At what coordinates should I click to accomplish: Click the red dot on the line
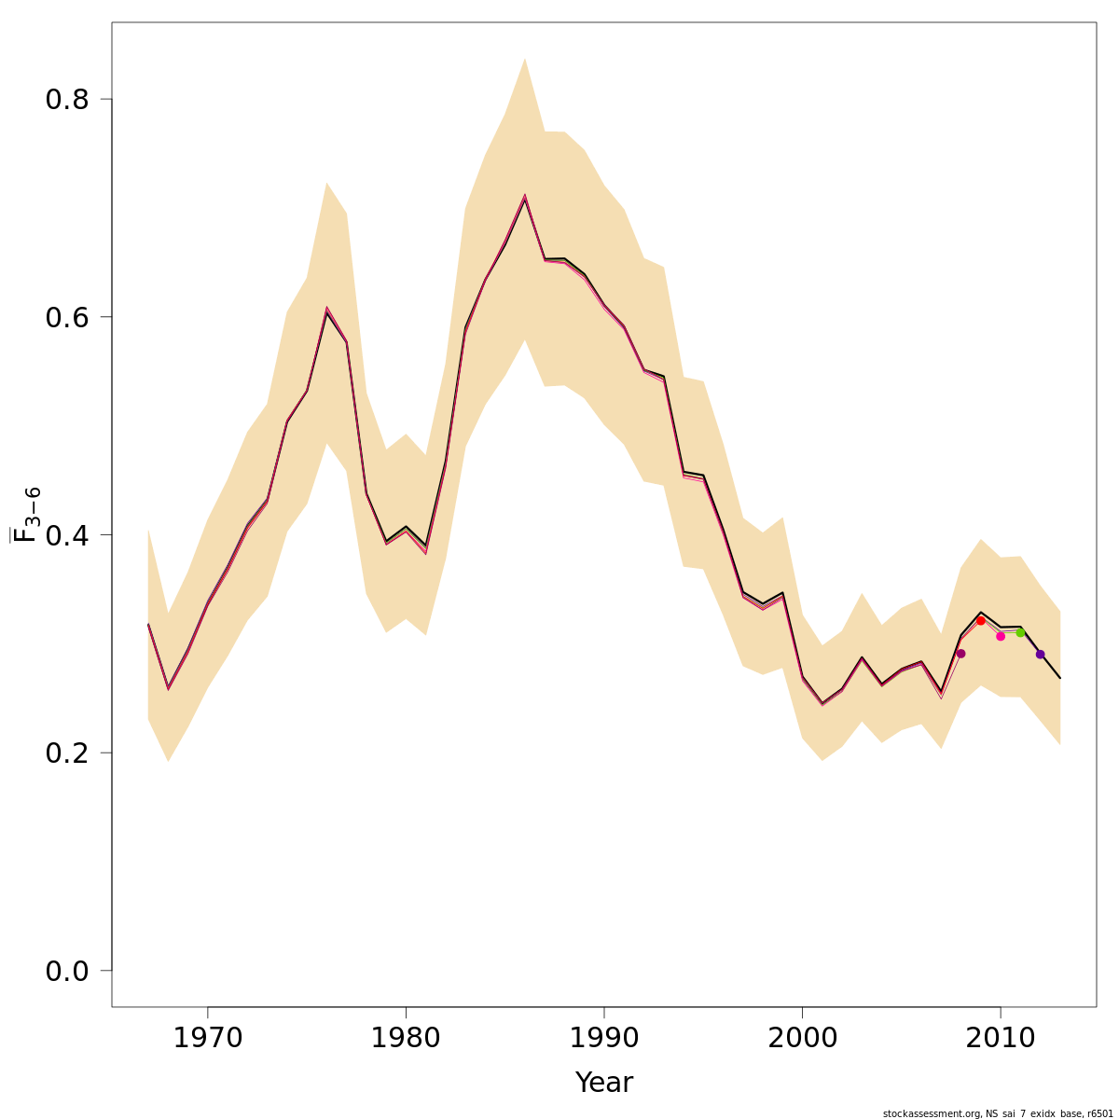pos(980,620)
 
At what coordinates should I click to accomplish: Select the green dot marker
pos(1020,632)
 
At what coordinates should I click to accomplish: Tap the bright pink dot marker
pos(1001,636)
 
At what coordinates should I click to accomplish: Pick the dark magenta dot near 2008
pos(960,654)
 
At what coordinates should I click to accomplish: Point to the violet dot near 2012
pos(1040,655)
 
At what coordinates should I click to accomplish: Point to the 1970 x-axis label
pos(207,1039)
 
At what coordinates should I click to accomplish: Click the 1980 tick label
pos(406,1039)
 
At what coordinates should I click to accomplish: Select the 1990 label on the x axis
pos(604,1039)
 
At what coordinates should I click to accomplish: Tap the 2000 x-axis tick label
pos(802,1039)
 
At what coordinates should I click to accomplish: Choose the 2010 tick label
pos(1001,1039)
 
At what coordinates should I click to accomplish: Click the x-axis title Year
pos(604,1083)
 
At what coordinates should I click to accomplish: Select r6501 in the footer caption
pos(1099,1113)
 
